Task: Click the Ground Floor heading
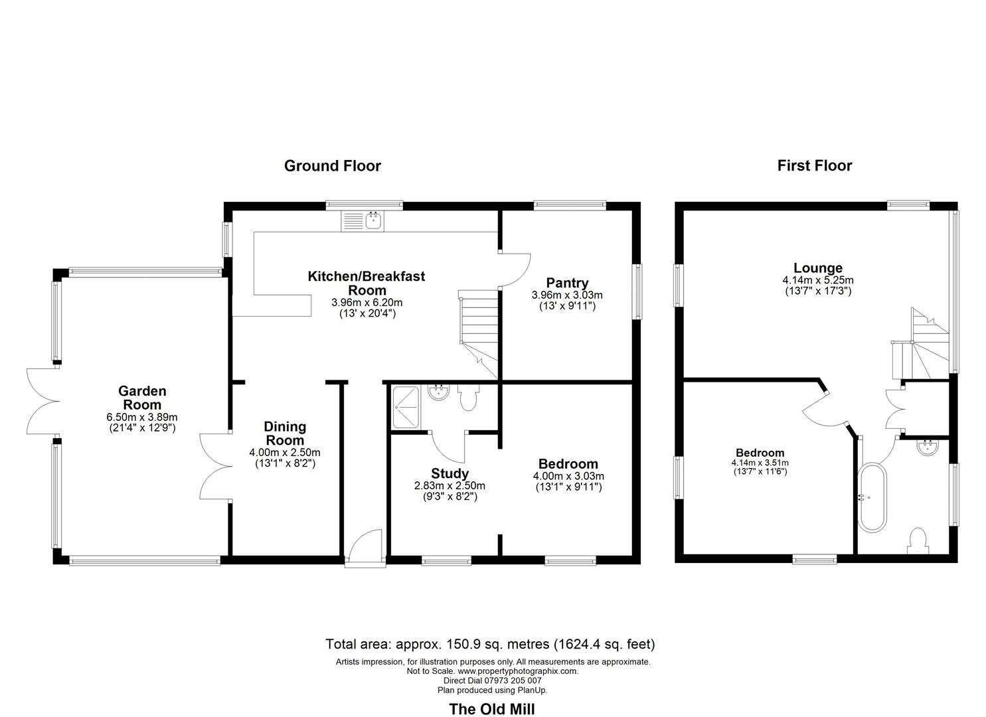point(332,166)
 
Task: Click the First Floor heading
point(814,166)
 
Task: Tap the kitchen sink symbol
point(373,220)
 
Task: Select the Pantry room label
point(567,283)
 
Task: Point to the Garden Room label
point(142,398)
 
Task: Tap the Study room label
point(450,473)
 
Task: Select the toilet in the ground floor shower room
point(468,398)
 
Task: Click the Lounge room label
point(818,268)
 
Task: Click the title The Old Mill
point(492,709)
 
